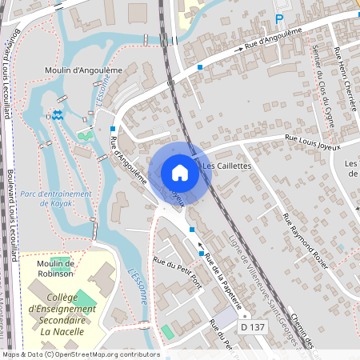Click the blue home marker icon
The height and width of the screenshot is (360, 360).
[180, 172]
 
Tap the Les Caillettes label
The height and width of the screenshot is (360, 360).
[227, 166]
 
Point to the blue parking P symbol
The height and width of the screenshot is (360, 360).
[280, 18]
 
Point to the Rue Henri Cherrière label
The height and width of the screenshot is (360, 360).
[345, 69]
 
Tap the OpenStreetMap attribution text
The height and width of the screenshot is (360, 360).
[81, 354]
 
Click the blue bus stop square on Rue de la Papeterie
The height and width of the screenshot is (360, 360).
[192, 230]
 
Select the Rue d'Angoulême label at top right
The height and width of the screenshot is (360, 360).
[273, 39]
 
